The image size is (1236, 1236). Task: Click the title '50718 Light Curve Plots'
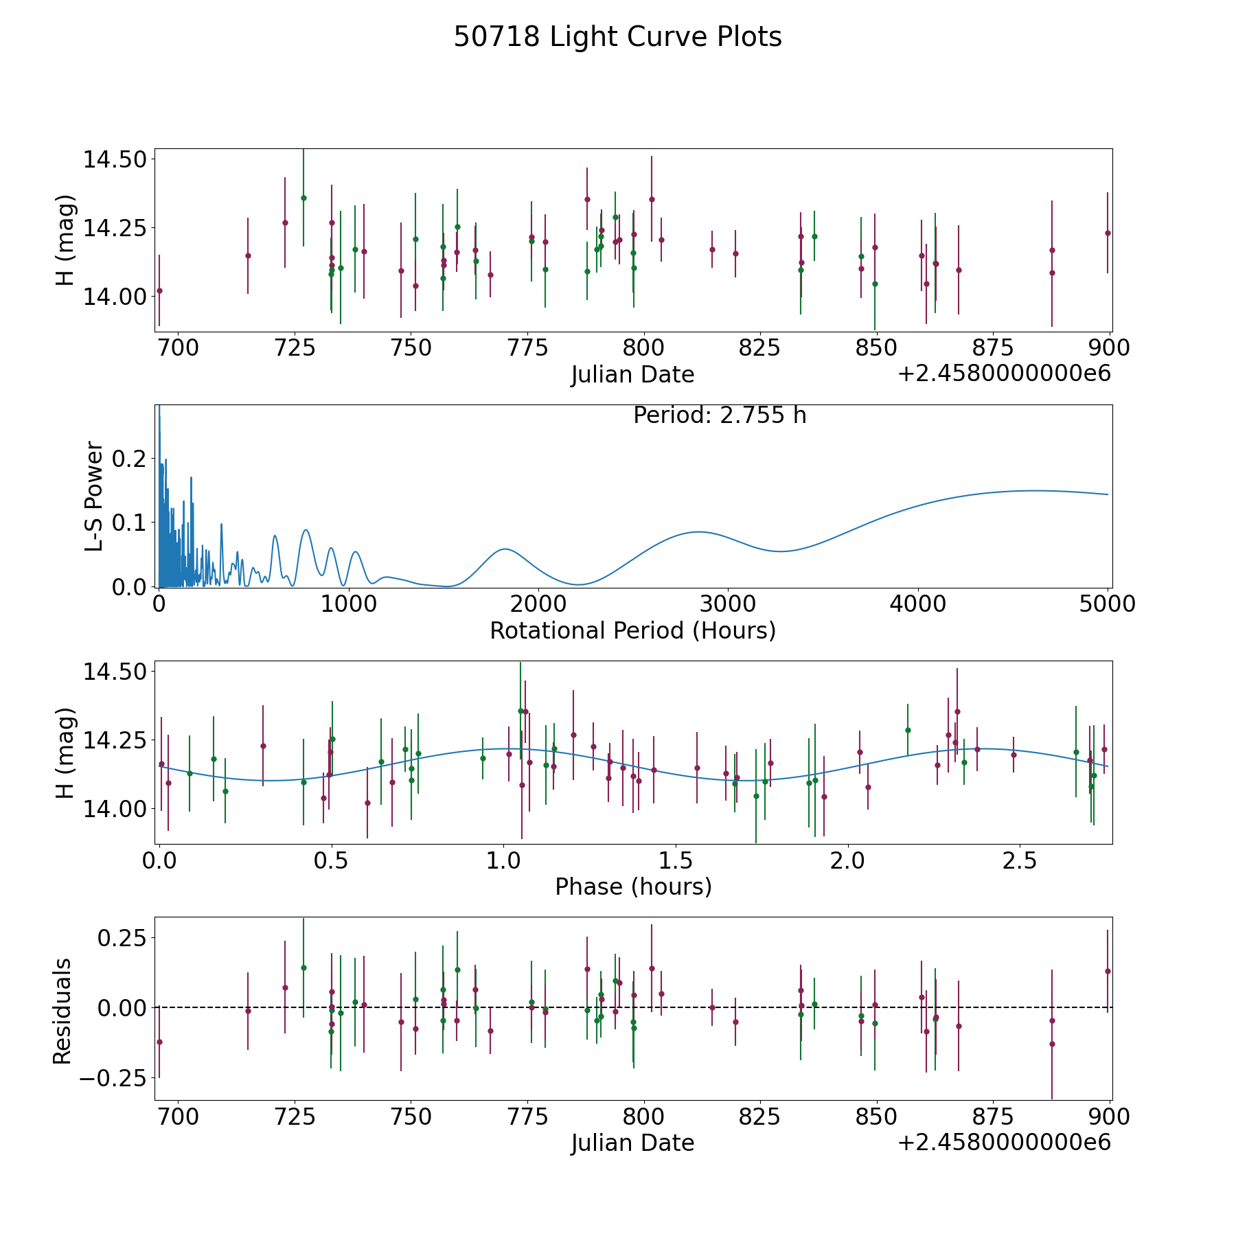click(x=617, y=37)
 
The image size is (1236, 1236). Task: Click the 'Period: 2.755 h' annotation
click(x=720, y=415)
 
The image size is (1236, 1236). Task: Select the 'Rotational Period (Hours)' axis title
click(x=632, y=630)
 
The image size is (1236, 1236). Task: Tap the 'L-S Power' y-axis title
click(x=95, y=496)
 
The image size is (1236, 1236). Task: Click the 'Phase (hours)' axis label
click(x=633, y=886)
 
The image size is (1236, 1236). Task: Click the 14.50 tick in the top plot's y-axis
click(x=115, y=159)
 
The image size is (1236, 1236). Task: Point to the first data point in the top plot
click(x=159, y=290)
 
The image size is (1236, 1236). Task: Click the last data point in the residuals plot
click(x=1108, y=971)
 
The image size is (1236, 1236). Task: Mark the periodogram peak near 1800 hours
click(x=505, y=549)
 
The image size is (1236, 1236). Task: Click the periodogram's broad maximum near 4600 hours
click(x=1035, y=490)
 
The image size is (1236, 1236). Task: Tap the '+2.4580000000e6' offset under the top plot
click(x=1004, y=374)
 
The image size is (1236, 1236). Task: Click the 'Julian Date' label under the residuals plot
click(x=632, y=1143)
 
